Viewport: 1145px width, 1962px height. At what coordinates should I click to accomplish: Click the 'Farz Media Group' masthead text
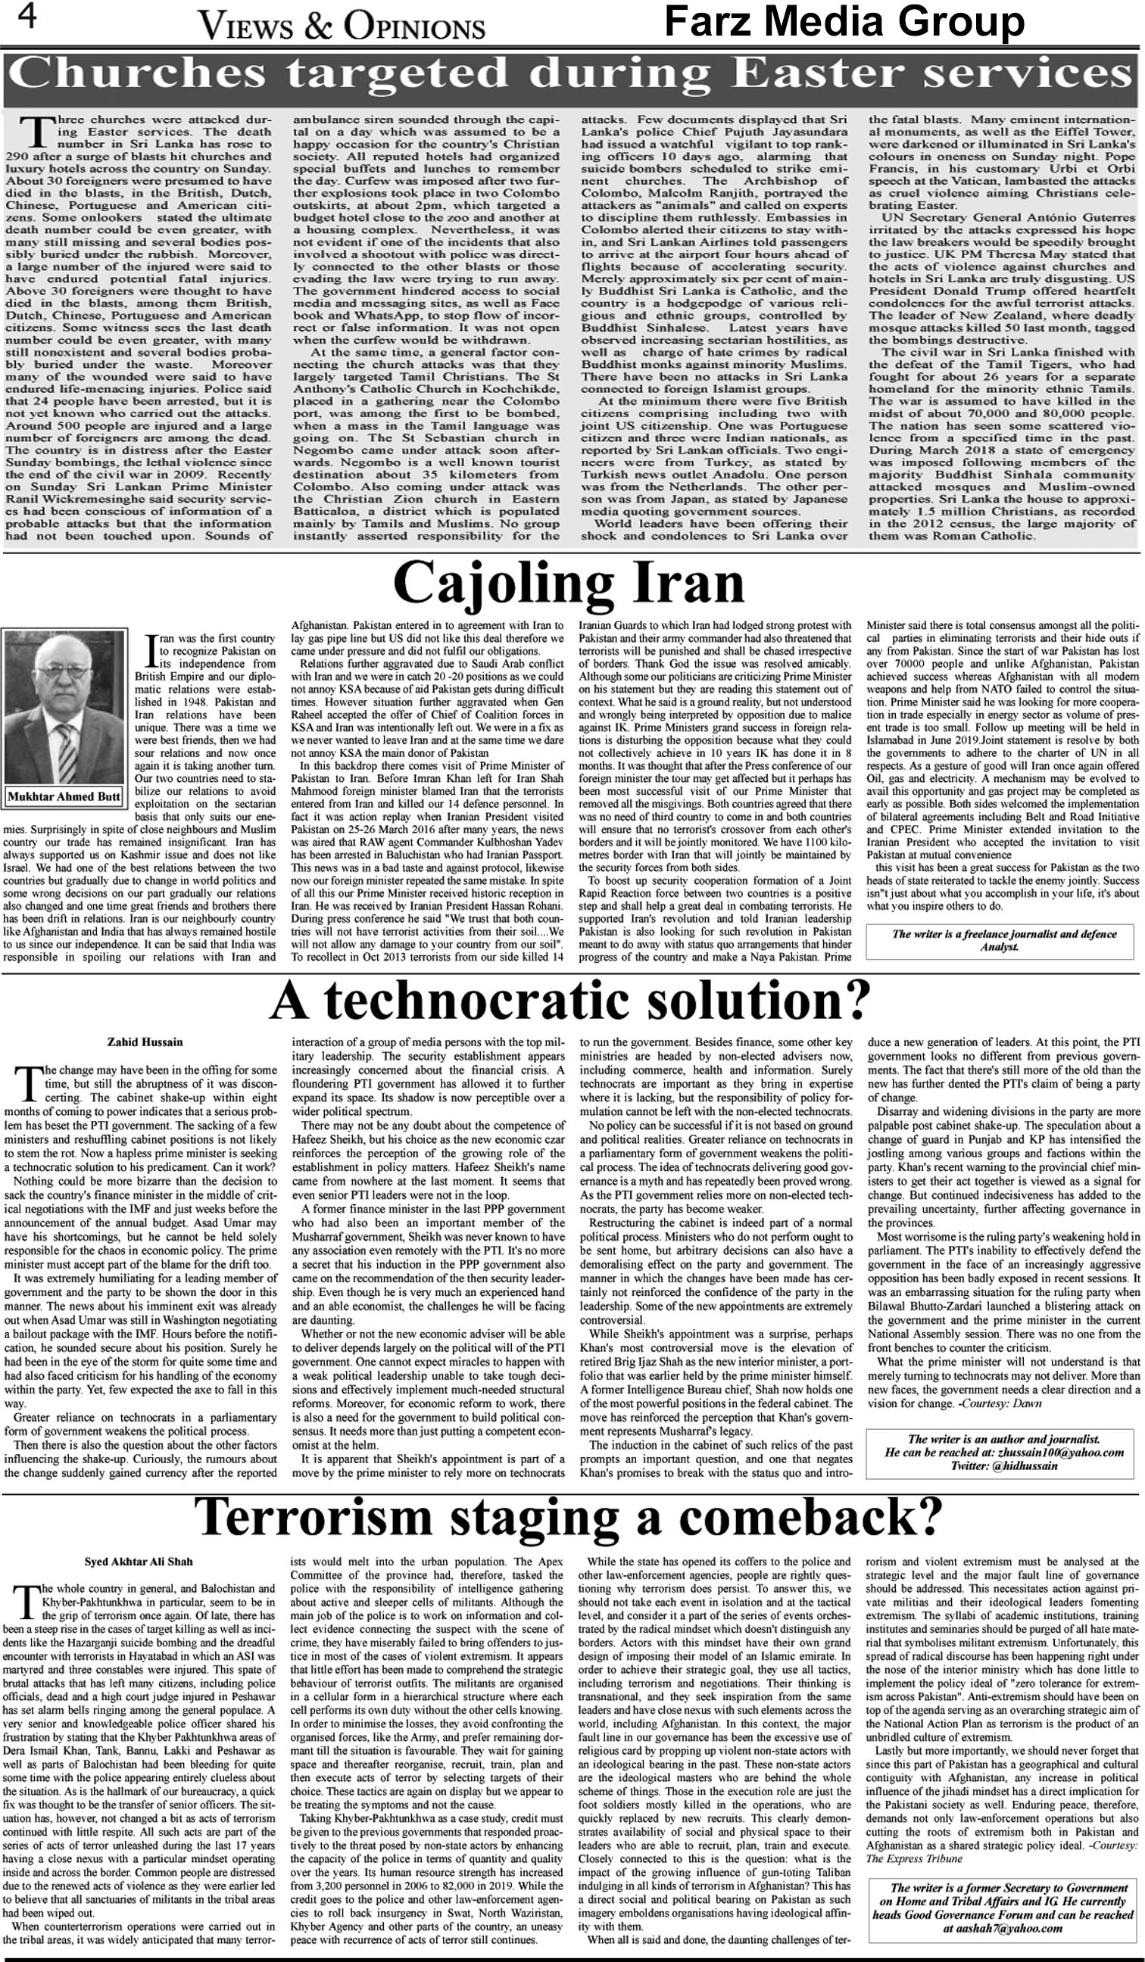844,22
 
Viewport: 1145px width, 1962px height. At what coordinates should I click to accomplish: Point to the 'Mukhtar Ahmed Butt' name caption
64,796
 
